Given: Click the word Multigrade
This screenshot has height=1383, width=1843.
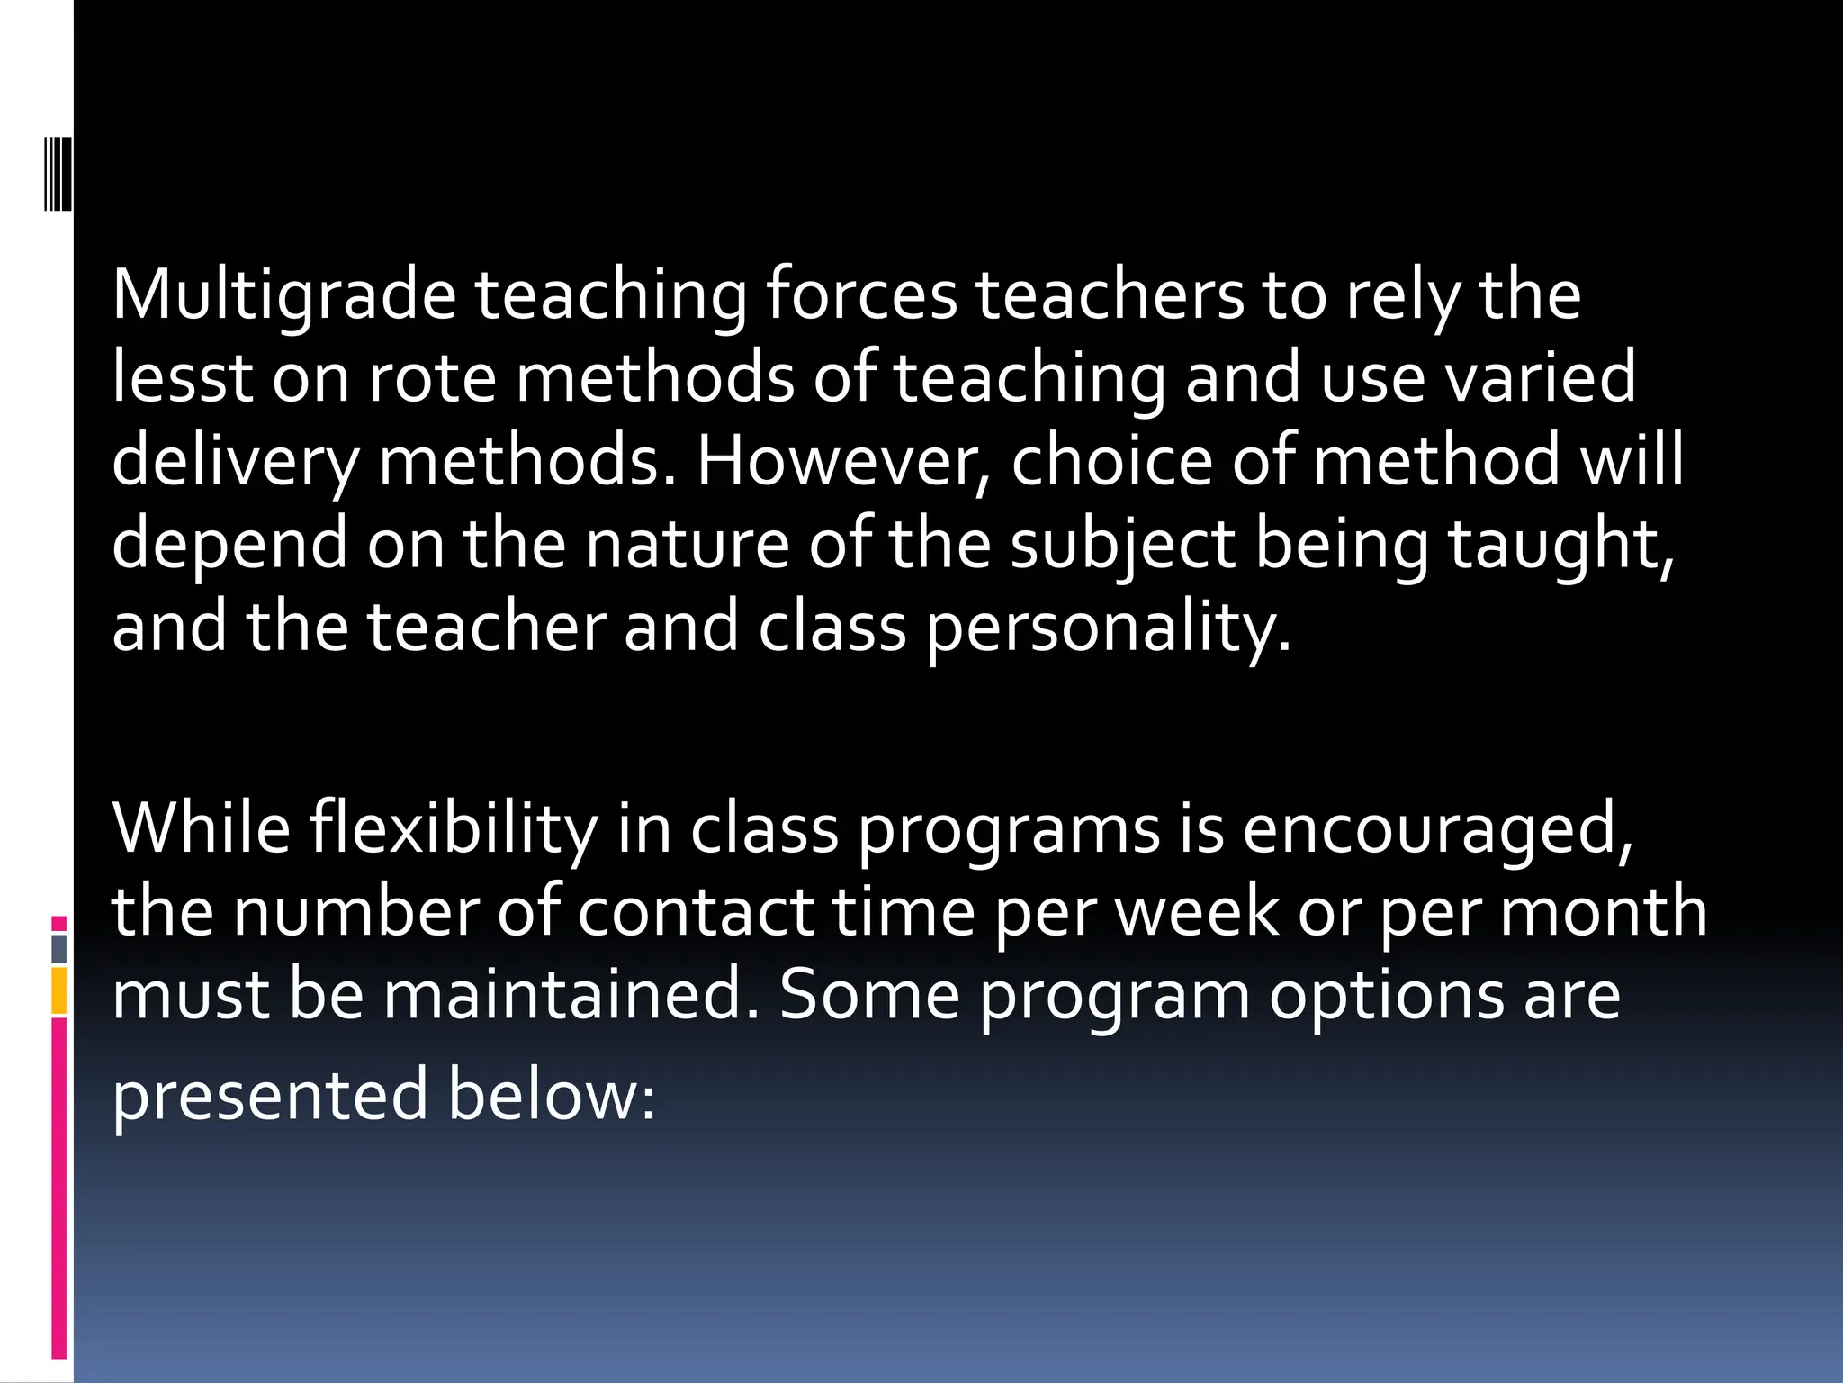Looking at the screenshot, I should pyautogui.click(x=283, y=297).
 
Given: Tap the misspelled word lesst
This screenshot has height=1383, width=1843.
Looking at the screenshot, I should pyautogui.click(x=182, y=378).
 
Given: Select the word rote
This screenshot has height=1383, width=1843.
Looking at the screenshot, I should pyautogui.click(x=432, y=378).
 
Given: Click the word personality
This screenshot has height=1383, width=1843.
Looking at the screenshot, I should pyautogui.click(x=1108, y=628).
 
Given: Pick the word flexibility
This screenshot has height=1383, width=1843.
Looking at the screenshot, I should pyautogui.click(x=453, y=828).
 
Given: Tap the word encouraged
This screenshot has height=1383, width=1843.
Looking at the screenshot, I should pyautogui.click(x=1437, y=828).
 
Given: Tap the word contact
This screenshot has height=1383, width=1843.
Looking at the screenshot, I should pyautogui.click(x=696, y=911).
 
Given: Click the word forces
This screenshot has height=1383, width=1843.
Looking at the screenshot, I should pyautogui.click(x=861, y=297).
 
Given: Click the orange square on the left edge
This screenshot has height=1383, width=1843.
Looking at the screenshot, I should pyautogui.click(x=59, y=990).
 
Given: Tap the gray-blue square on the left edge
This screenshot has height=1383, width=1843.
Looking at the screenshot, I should pyautogui.click(x=59, y=948).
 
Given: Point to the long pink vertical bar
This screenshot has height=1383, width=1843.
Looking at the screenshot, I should pyautogui.click(x=59, y=1189).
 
